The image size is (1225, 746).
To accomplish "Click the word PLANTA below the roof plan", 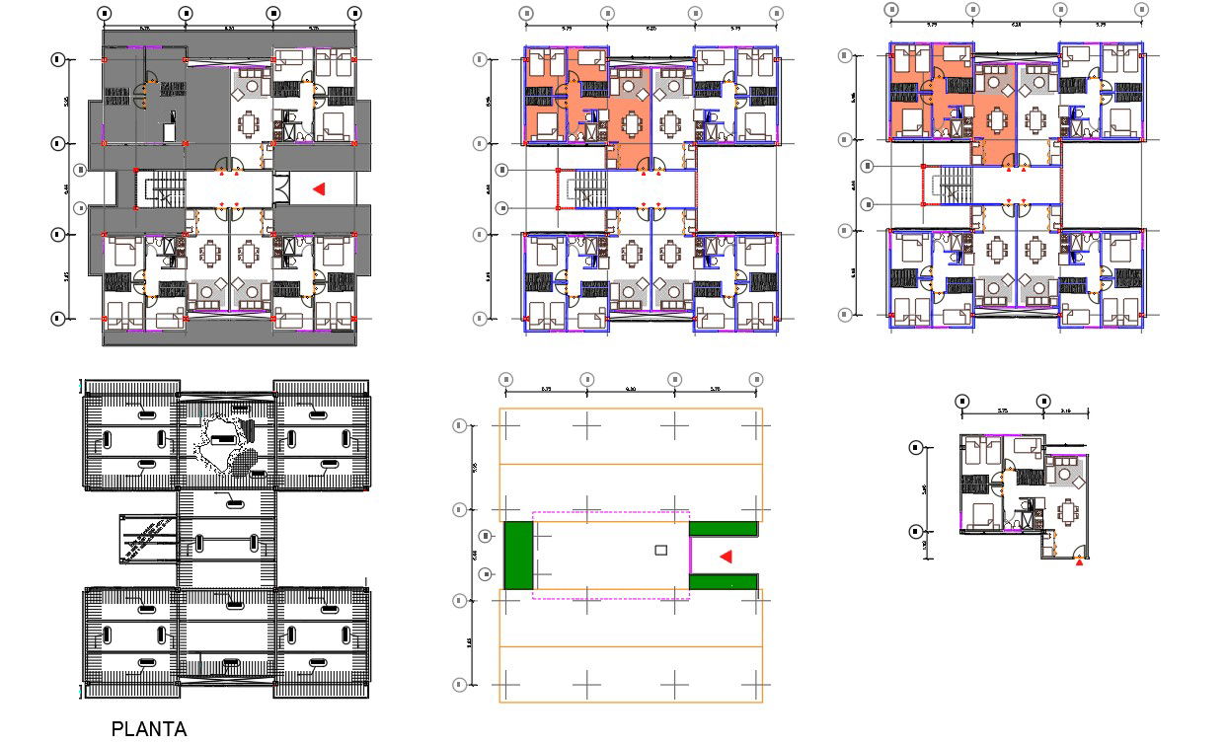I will pyautogui.click(x=149, y=729).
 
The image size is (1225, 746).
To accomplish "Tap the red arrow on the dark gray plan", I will pyautogui.click(x=318, y=188).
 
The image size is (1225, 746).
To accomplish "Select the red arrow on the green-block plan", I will pyautogui.click(x=726, y=557).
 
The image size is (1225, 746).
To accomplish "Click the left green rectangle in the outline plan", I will pyautogui.click(x=518, y=556).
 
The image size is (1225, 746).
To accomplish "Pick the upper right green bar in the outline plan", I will pyautogui.click(x=724, y=529).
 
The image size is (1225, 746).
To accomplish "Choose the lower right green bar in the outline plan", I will pyautogui.click(x=724, y=582).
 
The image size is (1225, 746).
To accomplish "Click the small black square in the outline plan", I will pyautogui.click(x=661, y=549).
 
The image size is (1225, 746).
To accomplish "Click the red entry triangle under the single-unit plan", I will pyautogui.click(x=1079, y=561).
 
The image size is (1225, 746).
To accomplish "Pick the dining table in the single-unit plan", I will pyautogui.click(x=1068, y=512).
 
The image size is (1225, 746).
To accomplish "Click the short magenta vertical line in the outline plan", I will pyautogui.click(x=689, y=556).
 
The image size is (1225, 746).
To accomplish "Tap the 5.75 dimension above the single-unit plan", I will pyautogui.click(x=1002, y=410).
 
